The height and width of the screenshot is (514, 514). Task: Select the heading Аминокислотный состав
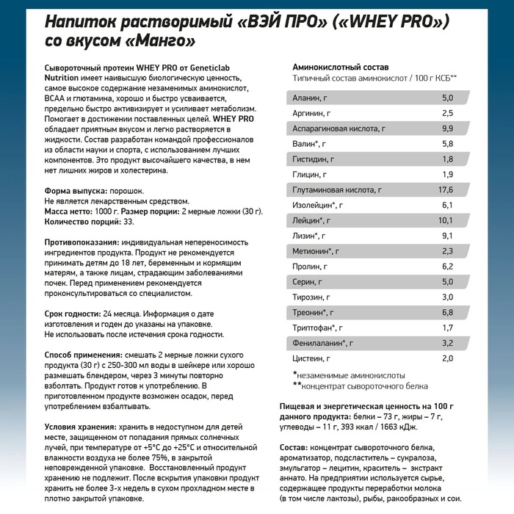[335, 66]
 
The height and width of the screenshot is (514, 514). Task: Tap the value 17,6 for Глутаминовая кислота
[446, 189]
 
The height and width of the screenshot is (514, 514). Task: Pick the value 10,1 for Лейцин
[446, 220]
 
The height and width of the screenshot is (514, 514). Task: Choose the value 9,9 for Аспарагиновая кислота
[447, 128]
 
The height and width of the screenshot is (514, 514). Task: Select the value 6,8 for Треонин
[447, 312]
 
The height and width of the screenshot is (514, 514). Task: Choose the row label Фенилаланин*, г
[322, 343]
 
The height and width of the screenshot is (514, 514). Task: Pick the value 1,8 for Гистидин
[447, 159]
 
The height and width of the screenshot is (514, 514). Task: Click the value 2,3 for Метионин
[447, 251]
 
